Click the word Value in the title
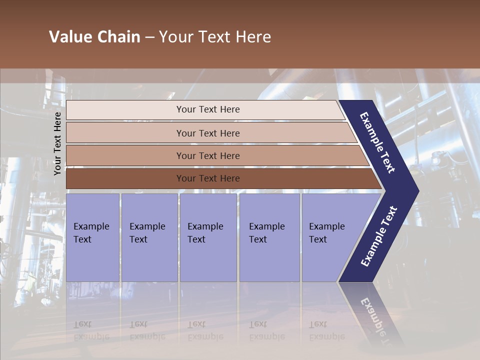point(69,37)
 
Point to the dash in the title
point(149,37)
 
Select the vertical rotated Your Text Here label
point(58,143)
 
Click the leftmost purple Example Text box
point(92,237)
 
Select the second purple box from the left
point(149,237)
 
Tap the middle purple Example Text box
point(208,237)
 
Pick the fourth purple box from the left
point(269,237)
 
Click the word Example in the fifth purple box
point(326,226)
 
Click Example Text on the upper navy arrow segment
point(377,142)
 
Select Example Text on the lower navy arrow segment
point(378,236)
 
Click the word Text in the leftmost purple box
point(82,239)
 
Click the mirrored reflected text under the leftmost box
point(91,330)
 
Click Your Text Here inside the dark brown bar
point(208,178)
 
